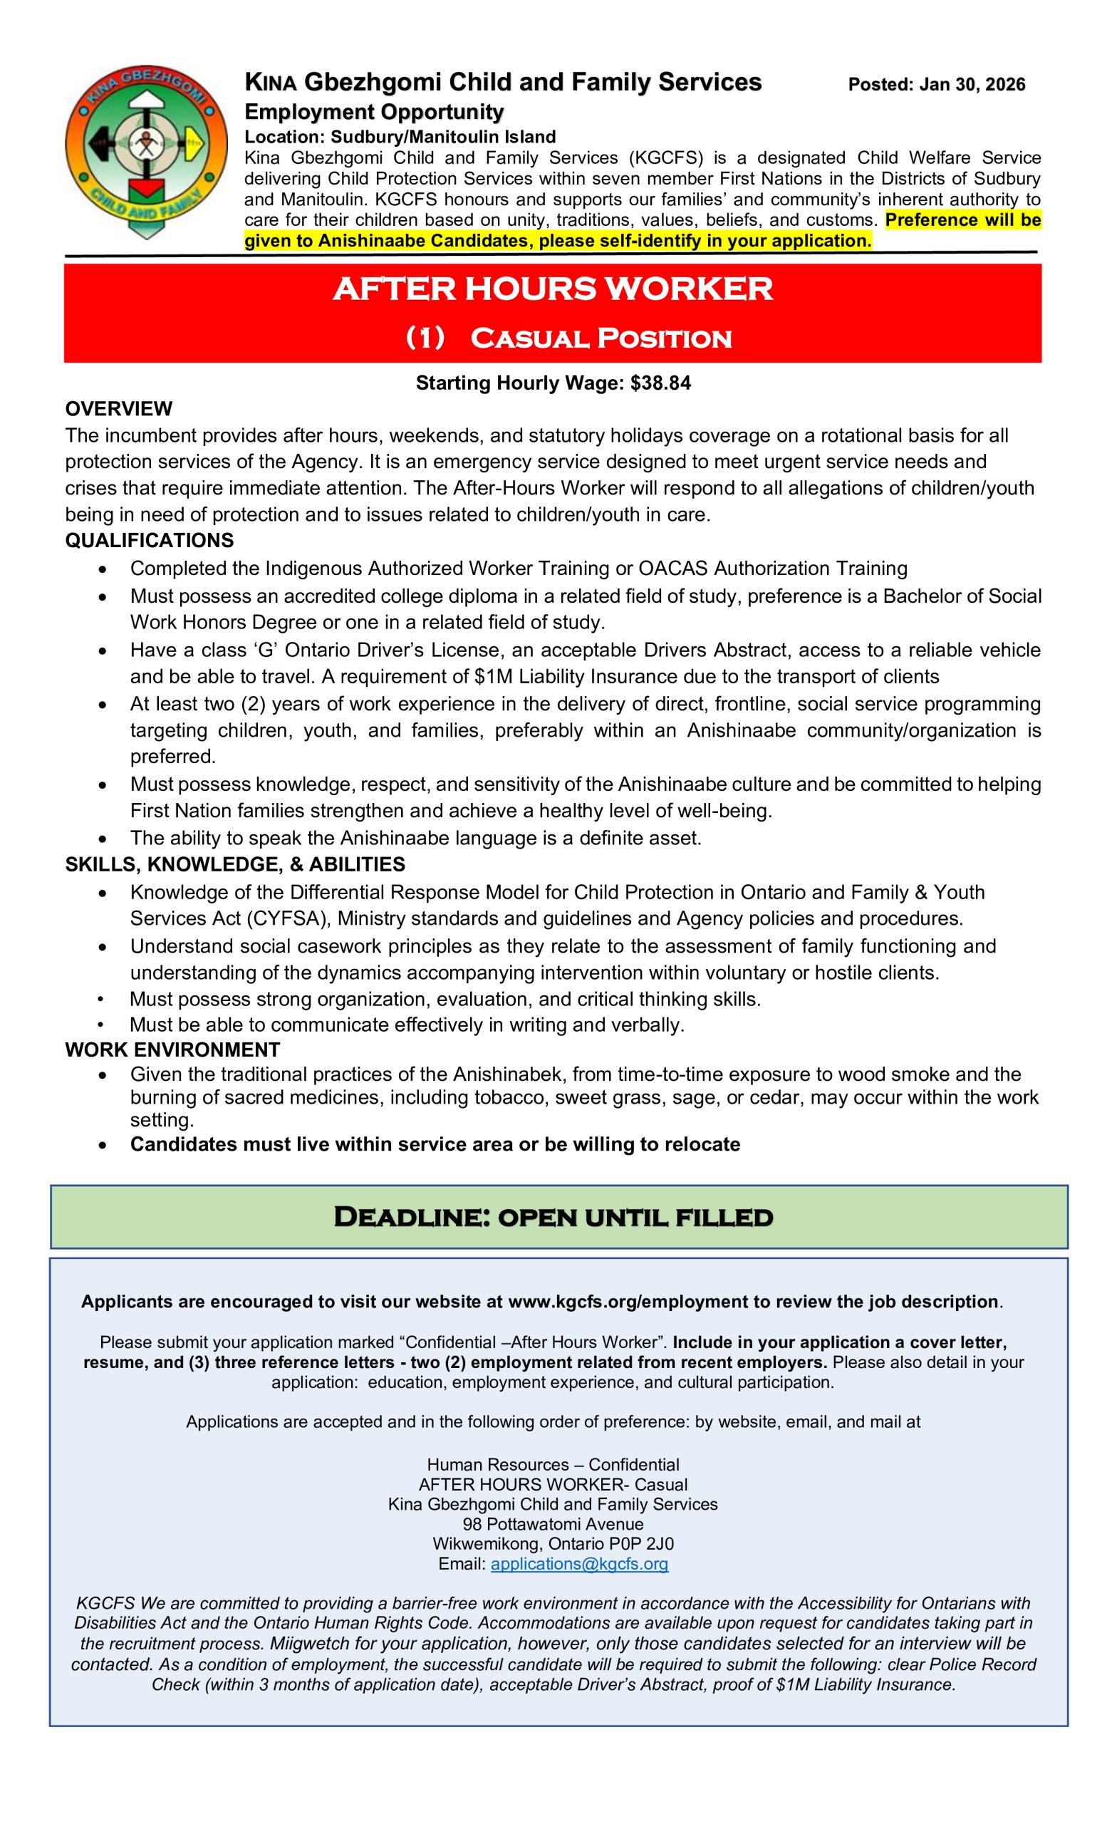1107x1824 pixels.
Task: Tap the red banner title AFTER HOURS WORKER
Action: pos(553,289)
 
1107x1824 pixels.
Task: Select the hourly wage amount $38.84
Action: pos(660,383)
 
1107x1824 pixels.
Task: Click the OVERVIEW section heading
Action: pos(118,409)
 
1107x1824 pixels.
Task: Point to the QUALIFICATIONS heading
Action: pos(150,540)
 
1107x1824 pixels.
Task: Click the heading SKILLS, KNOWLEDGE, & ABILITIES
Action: pos(234,864)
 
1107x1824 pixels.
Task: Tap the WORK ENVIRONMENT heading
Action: pos(172,1050)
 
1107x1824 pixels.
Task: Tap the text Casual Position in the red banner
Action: pos(600,338)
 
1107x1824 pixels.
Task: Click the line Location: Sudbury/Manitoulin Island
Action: pos(400,136)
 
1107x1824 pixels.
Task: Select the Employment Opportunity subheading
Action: pos(374,112)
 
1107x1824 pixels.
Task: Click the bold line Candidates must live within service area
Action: pos(435,1144)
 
